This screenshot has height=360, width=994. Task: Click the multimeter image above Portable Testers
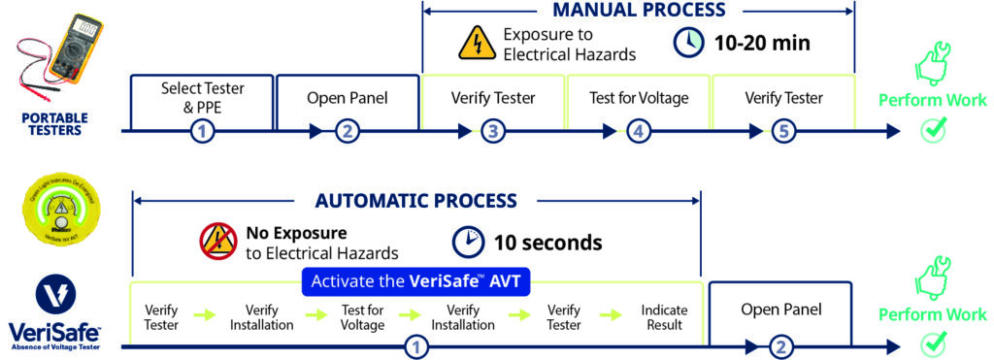click(59, 53)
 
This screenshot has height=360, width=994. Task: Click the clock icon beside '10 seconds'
click(467, 242)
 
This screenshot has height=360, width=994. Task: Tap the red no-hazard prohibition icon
click(215, 240)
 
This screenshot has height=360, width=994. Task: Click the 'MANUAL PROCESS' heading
click(639, 11)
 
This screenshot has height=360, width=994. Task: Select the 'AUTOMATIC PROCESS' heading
click(415, 202)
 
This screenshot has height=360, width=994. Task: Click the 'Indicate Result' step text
click(664, 317)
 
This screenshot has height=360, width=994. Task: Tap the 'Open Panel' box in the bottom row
click(780, 310)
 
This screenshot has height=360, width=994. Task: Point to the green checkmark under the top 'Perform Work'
click(933, 131)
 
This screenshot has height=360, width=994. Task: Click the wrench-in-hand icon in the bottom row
click(933, 278)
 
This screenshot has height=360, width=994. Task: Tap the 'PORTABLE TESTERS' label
click(54, 123)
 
